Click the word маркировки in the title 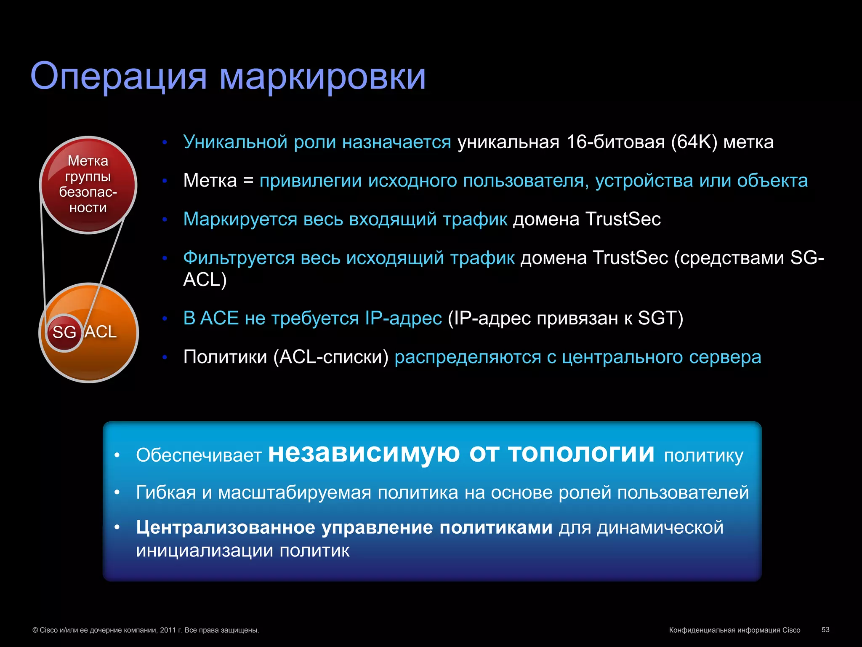pyautogui.click(x=322, y=77)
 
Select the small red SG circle pyautogui.click(x=64, y=332)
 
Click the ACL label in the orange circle pyautogui.click(x=101, y=332)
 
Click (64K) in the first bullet pyautogui.click(x=694, y=142)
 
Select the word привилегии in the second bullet pyautogui.click(x=310, y=181)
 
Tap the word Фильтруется pyautogui.click(x=238, y=258)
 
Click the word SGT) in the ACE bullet pyautogui.click(x=660, y=318)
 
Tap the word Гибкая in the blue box pyautogui.click(x=166, y=492)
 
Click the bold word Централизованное pyautogui.click(x=225, y=527)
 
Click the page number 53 pyautogui.click(x=825, y=629)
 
